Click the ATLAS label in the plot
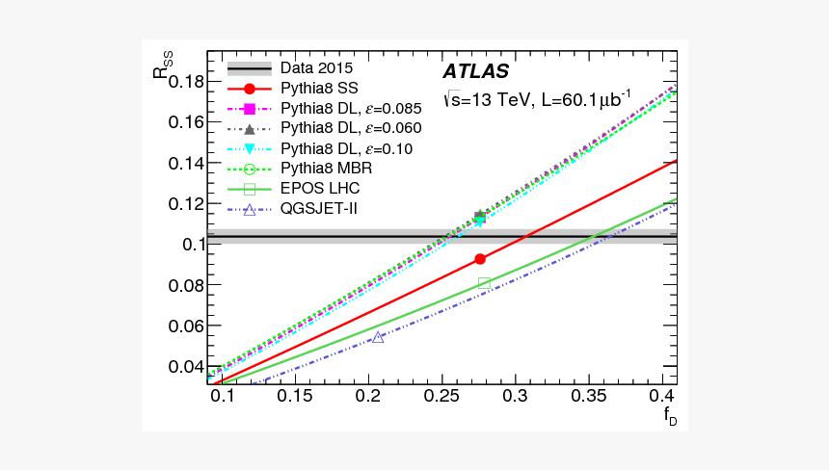[475, 72]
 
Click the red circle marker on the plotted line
[480, 258]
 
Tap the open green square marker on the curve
[484, 283]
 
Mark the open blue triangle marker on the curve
[378, 337]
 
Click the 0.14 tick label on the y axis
[187, 163]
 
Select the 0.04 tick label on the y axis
[187, 367]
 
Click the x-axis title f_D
[667, 416]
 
